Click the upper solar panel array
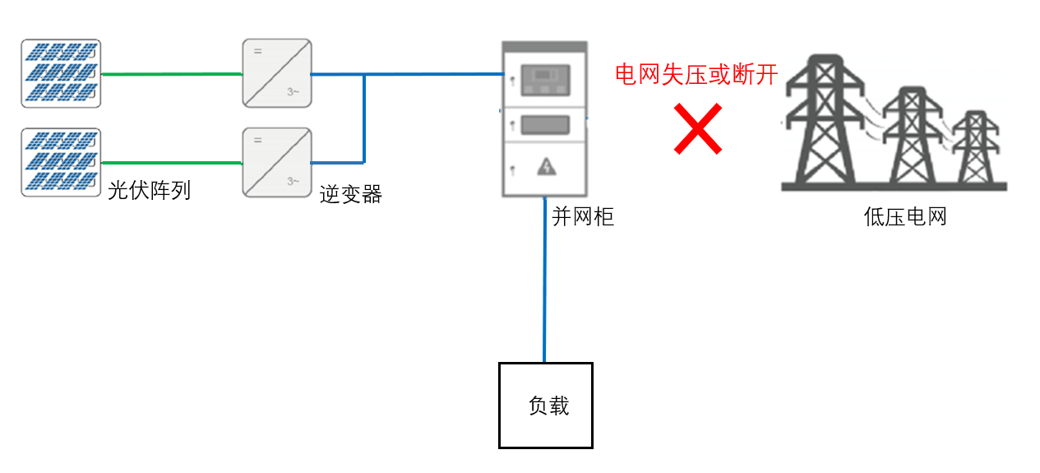click(61, 74)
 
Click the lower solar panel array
click(61, 162)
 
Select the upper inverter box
click(277, 72)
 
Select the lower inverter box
click(277, 162)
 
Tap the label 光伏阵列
click(149, 191)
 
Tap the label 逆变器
click(351, 195)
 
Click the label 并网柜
click(582, 217)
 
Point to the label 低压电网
click(905, 217)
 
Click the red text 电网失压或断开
click(696, 75)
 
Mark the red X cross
click(697, 128)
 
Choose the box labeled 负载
click(546, 406)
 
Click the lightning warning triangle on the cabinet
click(546, 168)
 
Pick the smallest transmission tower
click(976, 148)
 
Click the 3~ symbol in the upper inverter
click(294, 92)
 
